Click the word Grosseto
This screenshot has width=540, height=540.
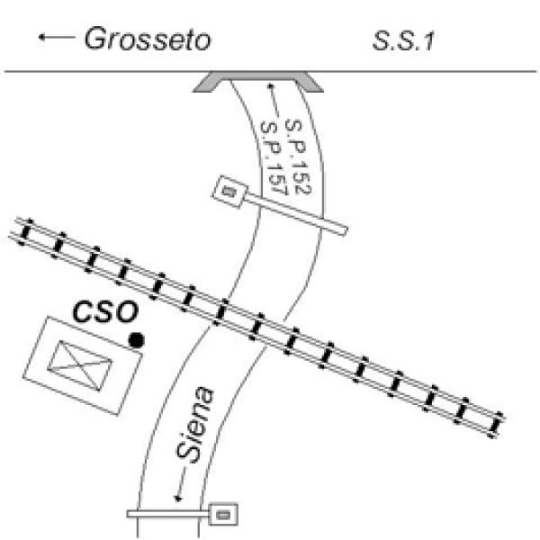[x=148, y=40]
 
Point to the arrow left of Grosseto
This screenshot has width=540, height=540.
[x=56, y=38]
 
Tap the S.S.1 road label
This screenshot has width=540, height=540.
[x=404, y=41]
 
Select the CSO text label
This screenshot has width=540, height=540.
[x=106, y=312]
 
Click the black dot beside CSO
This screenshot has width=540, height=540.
[x=137, y=339]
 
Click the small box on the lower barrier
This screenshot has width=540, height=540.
[x=225, y=514]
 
